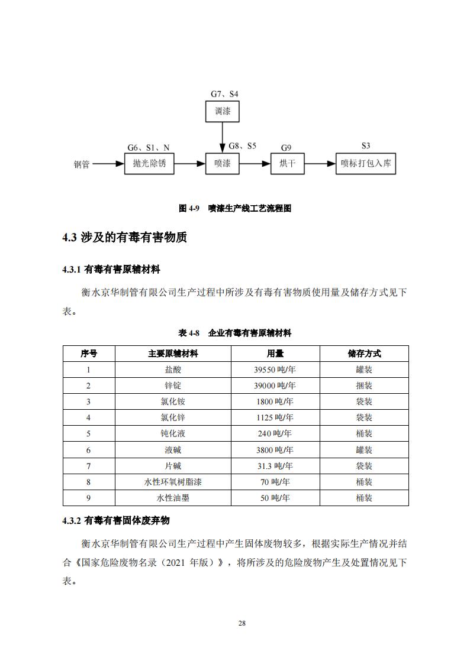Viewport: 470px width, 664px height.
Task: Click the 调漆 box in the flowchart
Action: tap(223, 111)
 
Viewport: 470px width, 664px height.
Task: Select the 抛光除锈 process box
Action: tap(149, 164)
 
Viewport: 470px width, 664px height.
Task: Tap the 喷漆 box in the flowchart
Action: tap(223, 164)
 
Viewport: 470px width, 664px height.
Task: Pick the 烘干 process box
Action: tap(287, 164)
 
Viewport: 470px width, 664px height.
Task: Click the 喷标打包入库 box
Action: tap(366, 164)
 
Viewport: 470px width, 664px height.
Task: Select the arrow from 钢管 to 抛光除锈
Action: tap(108, 164)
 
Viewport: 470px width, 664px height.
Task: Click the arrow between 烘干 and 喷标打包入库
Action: tap(320, 164)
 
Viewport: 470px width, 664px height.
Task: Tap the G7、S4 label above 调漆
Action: tap(224, 94)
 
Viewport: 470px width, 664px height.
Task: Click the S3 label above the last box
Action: tap(366, 145)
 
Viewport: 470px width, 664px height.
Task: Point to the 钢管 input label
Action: tap(82, 165)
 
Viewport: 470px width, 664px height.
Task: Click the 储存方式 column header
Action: tap(364, 354)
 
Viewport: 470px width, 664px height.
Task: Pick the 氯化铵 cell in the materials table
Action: tap(173, 401)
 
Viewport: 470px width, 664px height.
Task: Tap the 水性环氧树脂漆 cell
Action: tap(173, 482)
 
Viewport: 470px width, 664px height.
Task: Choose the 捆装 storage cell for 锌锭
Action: tap(364, 386)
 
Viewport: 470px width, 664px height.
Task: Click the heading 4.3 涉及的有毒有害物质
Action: tap(124, 238)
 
